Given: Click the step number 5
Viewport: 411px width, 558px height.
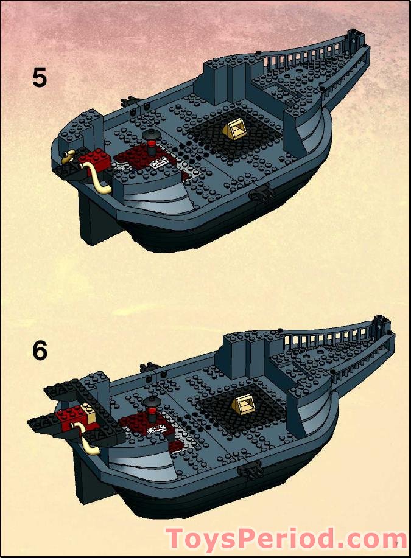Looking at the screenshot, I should tap(40, 78).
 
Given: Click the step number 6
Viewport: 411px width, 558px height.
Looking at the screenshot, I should tap(40, 350).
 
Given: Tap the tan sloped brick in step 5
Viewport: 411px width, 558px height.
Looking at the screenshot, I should tap(234, 130).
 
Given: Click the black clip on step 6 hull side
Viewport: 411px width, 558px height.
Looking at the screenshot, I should tap(250, 469).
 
